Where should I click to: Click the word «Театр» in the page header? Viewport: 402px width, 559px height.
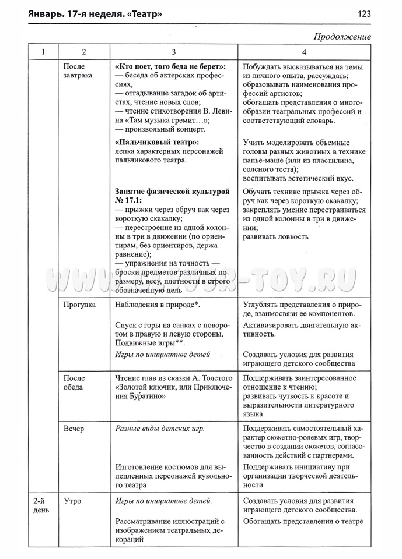coord(142,13)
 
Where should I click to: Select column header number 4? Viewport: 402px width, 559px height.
coord(303,52)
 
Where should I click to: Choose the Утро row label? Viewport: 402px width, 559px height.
coord(72,501)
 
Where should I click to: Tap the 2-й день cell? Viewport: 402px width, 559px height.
coord(40,505)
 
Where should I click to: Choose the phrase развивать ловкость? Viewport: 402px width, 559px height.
coord(276,236)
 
